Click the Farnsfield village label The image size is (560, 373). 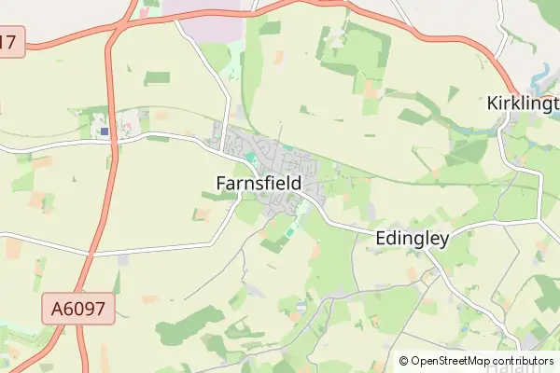tap(259, 184)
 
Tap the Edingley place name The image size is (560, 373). tap(412, 238)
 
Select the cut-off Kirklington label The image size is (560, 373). tap(523, 104)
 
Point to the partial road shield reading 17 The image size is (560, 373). tap(9, 41)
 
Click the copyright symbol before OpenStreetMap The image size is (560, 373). tap(403, 361)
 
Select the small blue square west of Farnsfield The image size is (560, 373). tap(105, 132)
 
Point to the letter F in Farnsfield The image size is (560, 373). tap(221, 184)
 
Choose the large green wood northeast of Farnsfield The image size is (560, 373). tap(350, 61)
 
